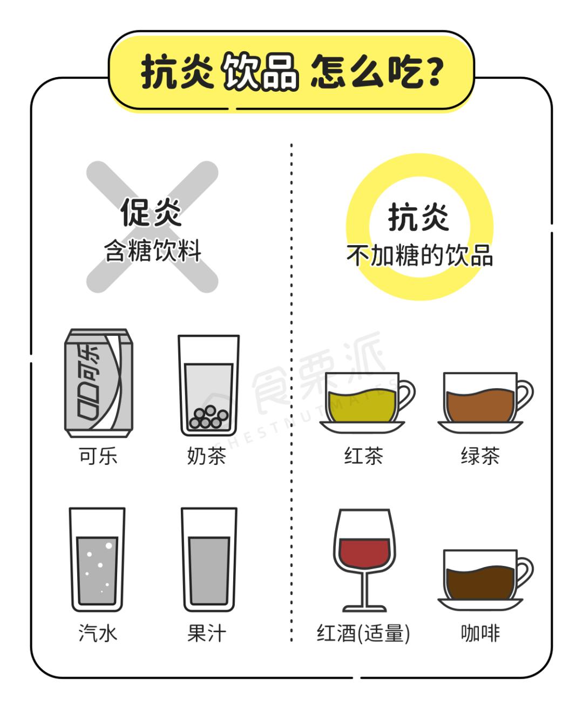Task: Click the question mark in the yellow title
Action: tap(433, 72)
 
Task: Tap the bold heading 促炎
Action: tap(151, 212)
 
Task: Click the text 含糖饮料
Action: tap(153, 251)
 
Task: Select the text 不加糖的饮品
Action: tap(419, 255)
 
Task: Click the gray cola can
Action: tap(99, 383)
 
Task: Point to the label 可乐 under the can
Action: tap(98, 456)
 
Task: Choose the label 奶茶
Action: tap(207, 456)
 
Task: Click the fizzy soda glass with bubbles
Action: tap(97, 560)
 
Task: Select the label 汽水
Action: tap(98, 633)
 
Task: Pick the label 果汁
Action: tap(207, 633)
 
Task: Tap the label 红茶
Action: tap(364, 456)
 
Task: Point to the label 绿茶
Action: tap(480, 456)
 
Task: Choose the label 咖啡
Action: tap(480, 633)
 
